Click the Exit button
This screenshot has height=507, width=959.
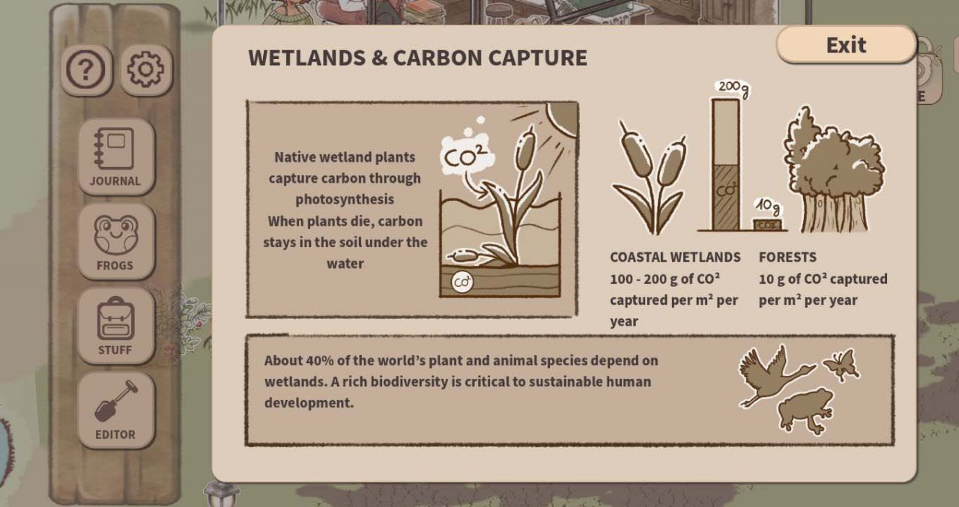click(846, 45)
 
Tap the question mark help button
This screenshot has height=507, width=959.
click(86, 70)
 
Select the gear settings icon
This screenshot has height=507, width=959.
click(145, 70)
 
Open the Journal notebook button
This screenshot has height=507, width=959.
click(115, 157)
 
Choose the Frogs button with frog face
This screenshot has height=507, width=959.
click(115, 241)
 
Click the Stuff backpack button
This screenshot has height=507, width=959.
click(115, 326)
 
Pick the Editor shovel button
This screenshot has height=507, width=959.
click(115, 410)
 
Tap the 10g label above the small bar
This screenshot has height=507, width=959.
click(768, 207)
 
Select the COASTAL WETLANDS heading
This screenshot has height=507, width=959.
click(675, 257)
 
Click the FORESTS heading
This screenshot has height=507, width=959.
click(787, 257)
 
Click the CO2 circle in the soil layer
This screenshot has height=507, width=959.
click(462, 282)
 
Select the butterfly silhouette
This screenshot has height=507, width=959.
click(841, 364)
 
